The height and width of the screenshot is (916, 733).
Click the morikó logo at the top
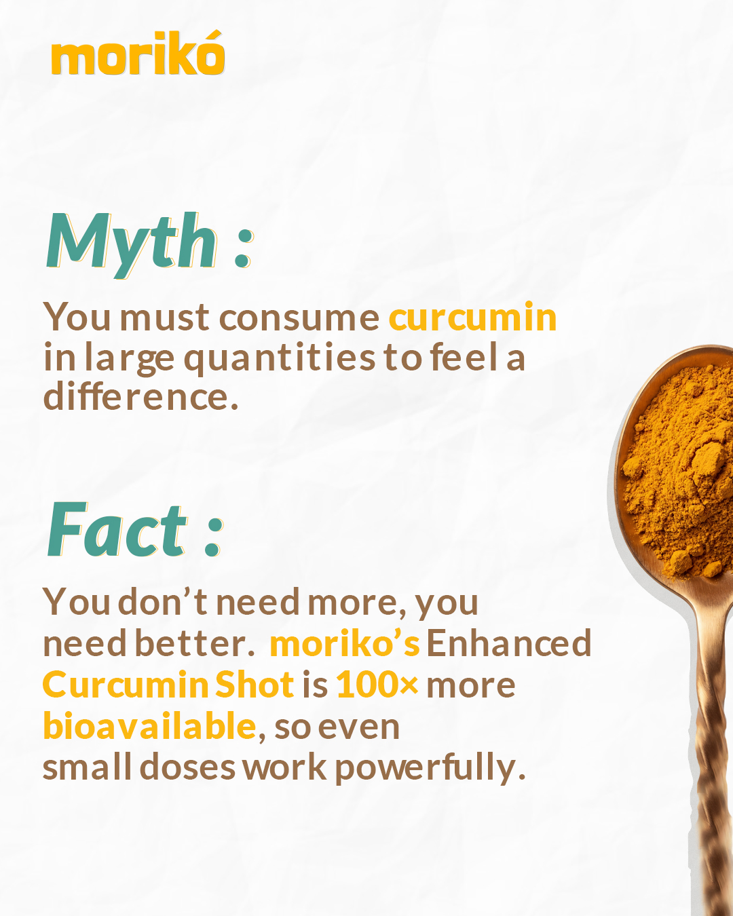point(138,53)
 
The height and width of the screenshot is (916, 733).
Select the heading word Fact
point(117,529)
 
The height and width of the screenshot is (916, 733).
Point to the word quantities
point(280,358)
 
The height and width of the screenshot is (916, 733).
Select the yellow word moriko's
point(345,643)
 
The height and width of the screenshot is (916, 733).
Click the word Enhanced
point(509,643)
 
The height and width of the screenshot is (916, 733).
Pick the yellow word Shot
point(255,684)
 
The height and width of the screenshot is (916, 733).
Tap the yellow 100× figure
point(377,685)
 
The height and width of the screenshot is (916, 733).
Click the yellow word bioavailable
point(149,726)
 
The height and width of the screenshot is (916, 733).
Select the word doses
point(187,767)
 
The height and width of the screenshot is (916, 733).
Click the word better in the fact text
point(195,643)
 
